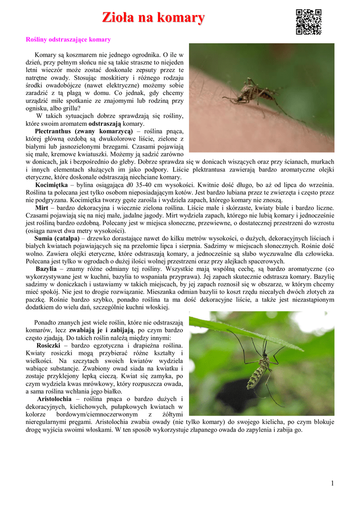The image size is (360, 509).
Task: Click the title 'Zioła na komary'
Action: pos(153,18)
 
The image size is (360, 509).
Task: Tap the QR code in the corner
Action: pos(308,22)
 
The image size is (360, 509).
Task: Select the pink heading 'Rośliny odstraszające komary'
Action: pos(68,39)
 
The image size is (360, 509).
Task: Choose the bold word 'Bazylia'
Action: pos(46,269)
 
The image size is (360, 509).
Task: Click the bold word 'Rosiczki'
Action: pos(49,345)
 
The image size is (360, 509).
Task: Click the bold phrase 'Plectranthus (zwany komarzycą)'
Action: pos(84,131)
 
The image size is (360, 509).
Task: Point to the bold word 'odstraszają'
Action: pos(104,124)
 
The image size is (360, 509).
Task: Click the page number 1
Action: pos(332,484)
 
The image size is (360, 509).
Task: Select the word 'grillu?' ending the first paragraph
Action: pos(69,108)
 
